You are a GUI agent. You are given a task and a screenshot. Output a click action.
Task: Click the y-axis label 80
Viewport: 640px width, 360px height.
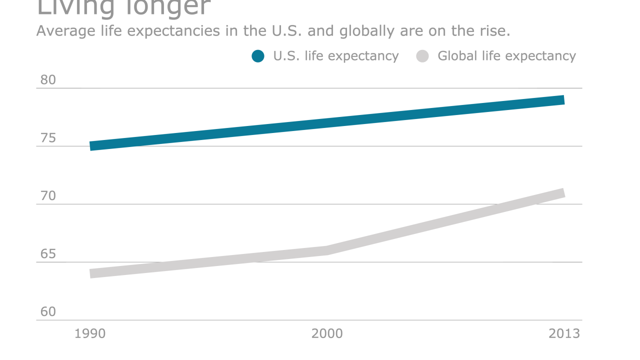coord(48,80)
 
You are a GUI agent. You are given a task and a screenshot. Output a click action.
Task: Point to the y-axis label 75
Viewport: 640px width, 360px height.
coord(48,138)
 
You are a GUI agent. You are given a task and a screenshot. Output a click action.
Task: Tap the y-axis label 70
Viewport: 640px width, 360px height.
coord(48,196)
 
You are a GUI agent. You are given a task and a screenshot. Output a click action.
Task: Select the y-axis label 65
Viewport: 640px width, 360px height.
coord(48,254)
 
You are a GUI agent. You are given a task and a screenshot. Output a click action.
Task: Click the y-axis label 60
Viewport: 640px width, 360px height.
coord(48,312)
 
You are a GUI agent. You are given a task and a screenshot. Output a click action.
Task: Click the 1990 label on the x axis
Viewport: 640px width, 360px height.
coord(90,333)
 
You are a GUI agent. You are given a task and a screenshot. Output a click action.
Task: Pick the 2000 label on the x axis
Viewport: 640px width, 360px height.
coord(327,333)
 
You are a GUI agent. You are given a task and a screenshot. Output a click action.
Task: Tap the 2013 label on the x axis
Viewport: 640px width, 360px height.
coord(564,333)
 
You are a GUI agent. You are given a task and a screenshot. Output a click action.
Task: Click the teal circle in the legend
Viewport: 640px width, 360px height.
coord(258,56)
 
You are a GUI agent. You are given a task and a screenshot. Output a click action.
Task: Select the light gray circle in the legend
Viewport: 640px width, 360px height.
coord(422,56)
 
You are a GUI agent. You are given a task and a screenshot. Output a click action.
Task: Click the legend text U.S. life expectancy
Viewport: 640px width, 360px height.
coord(335,56)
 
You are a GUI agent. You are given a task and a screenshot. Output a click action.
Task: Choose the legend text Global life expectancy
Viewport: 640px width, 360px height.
coord(506,56)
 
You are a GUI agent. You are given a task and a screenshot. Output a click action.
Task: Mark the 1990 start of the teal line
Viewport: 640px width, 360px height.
coord(91,146)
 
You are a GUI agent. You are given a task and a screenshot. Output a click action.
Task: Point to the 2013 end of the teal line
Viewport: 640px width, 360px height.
coord(563,100)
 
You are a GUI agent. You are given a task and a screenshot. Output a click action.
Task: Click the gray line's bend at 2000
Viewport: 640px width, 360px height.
coord(327,250)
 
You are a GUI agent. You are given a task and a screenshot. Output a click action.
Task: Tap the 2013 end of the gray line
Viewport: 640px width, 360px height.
coord(563,193)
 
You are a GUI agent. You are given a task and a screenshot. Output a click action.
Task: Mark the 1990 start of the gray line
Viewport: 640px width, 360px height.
coord(91,273)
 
